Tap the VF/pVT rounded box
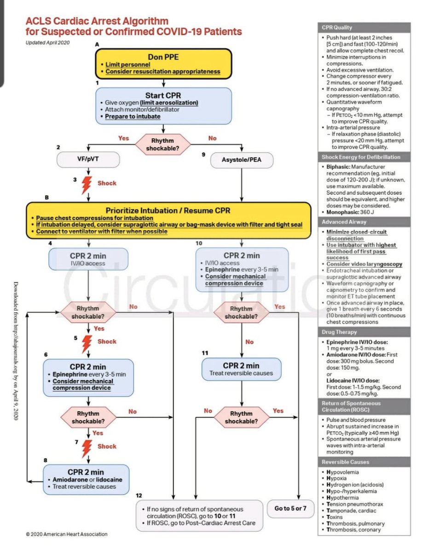(89, 159)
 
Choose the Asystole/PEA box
(242, 160)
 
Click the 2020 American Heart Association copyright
(67, 534)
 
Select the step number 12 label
(139, 495)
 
